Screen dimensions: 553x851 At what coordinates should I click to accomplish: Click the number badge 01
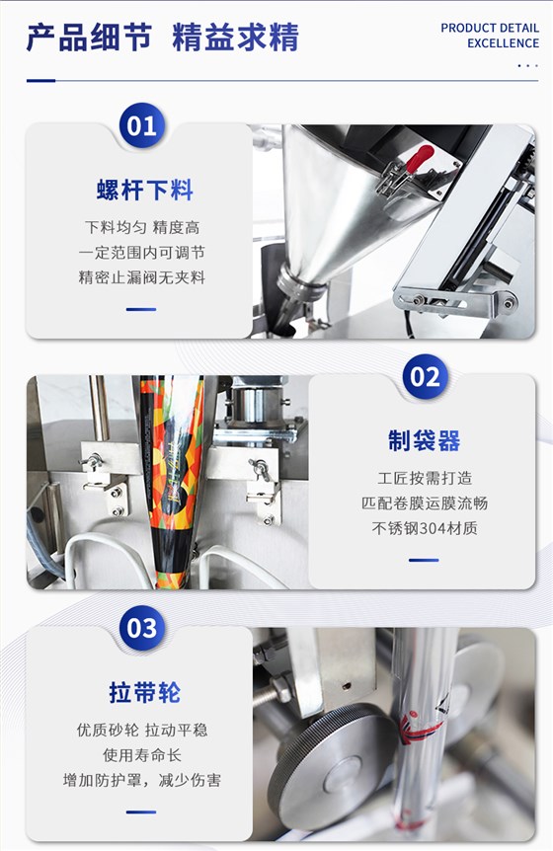click(x=141, y=125)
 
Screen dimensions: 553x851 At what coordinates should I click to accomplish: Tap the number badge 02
click(x=425, y=377)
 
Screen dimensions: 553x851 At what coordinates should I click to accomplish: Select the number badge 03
click(x=141, y=628)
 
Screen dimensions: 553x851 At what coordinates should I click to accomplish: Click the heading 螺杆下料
click(x=145, y=190)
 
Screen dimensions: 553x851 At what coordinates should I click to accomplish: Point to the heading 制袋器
click(x=425, y=440)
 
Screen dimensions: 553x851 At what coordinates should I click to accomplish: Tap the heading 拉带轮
click(x=145, y=692)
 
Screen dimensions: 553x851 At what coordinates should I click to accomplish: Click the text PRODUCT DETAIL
click(x=490, y=28)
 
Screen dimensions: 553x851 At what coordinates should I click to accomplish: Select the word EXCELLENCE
click(x=503, y=43)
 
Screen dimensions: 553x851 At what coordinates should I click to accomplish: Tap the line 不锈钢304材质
click(x=425, y=528)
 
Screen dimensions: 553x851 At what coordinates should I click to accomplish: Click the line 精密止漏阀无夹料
click(x=142, y=277)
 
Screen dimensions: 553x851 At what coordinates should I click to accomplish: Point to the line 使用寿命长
click(x=142, y=755)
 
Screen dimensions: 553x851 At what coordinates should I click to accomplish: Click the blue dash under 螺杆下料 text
click(x=141, y=309)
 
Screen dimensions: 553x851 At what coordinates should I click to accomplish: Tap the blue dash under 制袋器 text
click(x=424, y=560)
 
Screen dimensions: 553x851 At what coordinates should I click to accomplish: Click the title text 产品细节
click(x=89, y=37)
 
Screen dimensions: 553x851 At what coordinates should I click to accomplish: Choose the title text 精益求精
click(x=236, y=37)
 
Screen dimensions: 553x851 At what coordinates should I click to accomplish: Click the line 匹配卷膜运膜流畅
click(x=425, y=503)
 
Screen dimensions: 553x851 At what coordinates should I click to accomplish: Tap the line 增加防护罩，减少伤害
click(x=142, y=780)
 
